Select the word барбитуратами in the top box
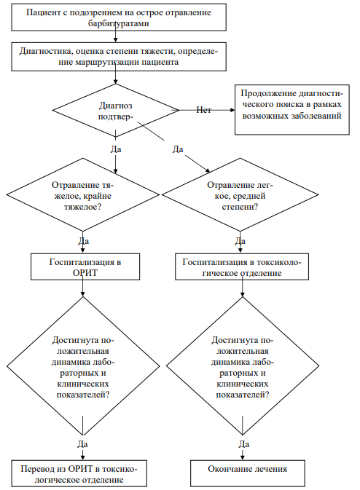pos(119,23)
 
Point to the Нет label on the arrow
pos(203,110)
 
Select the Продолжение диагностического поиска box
pos(291,110)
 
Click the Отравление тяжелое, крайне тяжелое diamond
pos(83,194)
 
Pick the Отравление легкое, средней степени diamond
pos(240,194)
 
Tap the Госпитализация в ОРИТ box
pos(85,266)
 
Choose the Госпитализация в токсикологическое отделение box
pos(242,266)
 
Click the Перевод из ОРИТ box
pos(79,473)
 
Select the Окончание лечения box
pos(247,473)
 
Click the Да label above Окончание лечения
pos(244,444)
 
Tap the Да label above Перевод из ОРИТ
pos(82,444)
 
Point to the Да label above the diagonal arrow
pos(178,149)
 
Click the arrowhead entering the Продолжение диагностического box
pos(232,110)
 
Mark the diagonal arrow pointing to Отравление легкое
pos(197,163)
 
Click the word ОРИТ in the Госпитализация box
pos(85,273)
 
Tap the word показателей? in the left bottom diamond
pos(83,395)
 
